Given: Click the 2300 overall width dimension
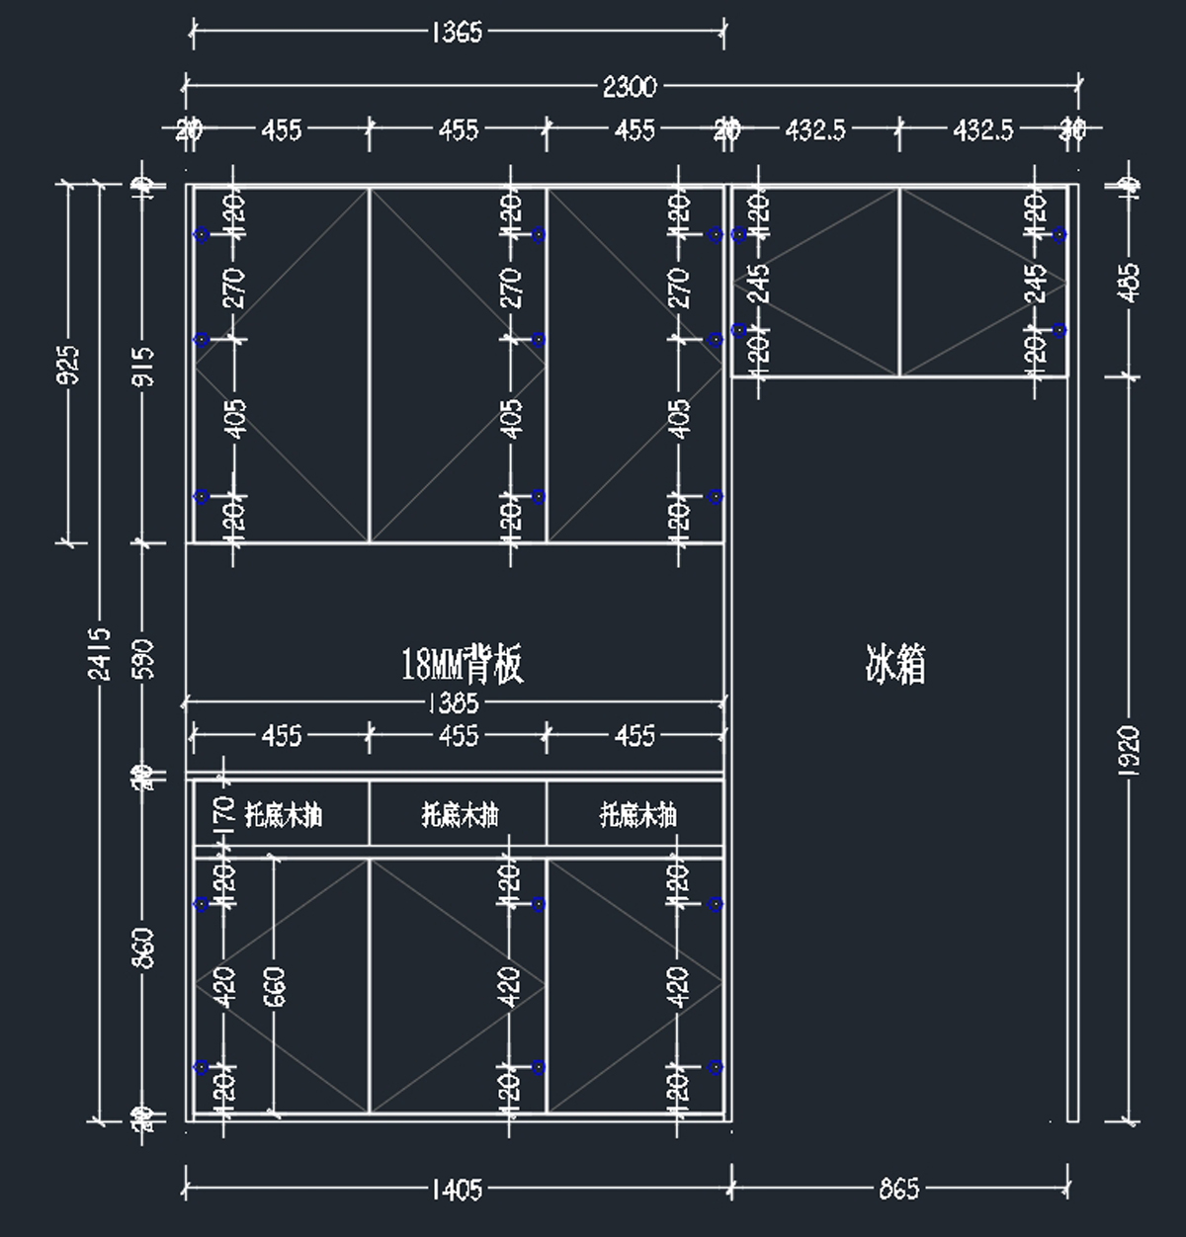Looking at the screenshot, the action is [x=629, y=87].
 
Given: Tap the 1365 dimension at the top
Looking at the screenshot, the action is [x=457, y=33].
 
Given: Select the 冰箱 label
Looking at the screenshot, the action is [x=895, y=665].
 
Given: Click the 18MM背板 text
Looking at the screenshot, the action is [x=462, y=665].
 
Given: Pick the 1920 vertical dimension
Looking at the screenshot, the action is [x=1132, y=751].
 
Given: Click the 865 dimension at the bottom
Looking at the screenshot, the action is [x=898, y=1188].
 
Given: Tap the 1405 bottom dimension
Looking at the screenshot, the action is [x=456, y=1188].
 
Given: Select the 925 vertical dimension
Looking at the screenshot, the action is [x=68, y=365].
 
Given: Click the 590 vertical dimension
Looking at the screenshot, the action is [x=144, y=659].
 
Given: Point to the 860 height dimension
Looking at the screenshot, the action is [x=144, y=948].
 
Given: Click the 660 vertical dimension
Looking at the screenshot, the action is [x=275, y=986].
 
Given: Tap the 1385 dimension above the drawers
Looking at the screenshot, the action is [x=454, y=702].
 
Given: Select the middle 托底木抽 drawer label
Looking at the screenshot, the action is [x=460, y=815].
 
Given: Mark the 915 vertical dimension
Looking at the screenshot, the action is [x=144, y=366].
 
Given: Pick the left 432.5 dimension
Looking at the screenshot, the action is [x=814, y=129].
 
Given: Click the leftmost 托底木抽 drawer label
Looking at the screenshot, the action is [x=283, y=815].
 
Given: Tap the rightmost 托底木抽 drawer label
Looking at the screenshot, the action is [x=637, y=815].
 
